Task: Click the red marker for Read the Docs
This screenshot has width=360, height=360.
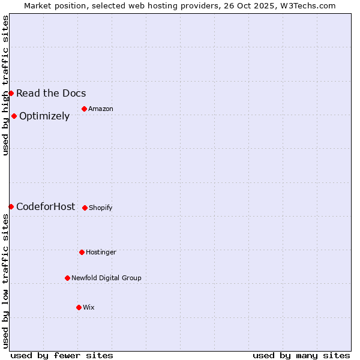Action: [11, 93]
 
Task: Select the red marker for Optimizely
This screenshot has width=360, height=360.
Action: [14, 116]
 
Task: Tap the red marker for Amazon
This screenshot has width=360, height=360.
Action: [84, 109]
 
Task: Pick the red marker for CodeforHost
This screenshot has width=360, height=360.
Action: [11, 206]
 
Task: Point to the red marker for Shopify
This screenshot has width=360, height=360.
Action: [85, 208]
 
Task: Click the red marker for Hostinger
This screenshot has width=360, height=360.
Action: [82, 252]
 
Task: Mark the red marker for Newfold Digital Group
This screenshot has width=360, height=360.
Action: [67, 278]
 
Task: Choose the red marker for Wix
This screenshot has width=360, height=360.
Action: [79, 307]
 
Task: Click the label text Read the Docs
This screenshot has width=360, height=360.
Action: [51, 93]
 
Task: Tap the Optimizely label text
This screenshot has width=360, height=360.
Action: [44, 116]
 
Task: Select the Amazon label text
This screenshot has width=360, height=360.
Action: [101, 109]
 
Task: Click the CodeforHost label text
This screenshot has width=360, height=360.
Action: [46, 207]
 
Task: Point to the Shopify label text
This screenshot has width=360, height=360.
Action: [101, 208]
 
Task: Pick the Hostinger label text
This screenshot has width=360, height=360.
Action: [101, 252]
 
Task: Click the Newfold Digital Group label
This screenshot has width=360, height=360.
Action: [106, 278]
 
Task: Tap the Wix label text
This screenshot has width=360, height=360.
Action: [89, 307]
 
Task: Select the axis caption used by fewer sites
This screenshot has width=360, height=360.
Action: [62, 355]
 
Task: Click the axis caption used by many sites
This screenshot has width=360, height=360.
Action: [301, 355]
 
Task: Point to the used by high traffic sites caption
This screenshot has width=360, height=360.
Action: [5, 85]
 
